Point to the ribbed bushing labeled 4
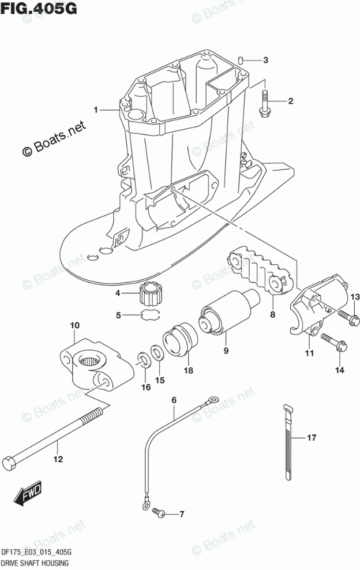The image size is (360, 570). tap(152, 294)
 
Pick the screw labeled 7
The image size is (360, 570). tap(156, 512)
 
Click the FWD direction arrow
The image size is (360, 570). tap(27, 493)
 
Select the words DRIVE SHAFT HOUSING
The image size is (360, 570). tap(36, 562)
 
